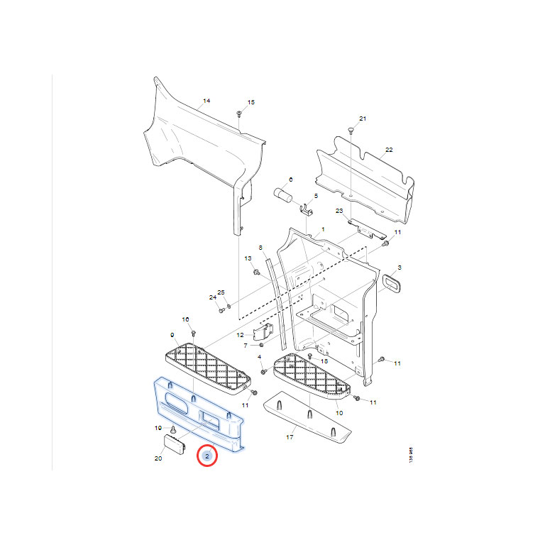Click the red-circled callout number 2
point(207,456)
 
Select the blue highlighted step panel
point(198,414)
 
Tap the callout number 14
point(207,101)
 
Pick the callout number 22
point(389,150)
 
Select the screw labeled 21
point(351,130)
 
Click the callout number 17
point(290,438)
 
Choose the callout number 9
point(172,335)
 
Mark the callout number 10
point(338,412)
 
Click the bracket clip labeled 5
point(308,210)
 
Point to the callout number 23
point(339,211)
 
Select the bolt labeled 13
point(256,272)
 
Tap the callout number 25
point(221,293)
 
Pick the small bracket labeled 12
point(265,331)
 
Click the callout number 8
point(260,248)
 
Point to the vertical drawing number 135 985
point(411,455)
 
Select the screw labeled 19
point(172,430)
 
